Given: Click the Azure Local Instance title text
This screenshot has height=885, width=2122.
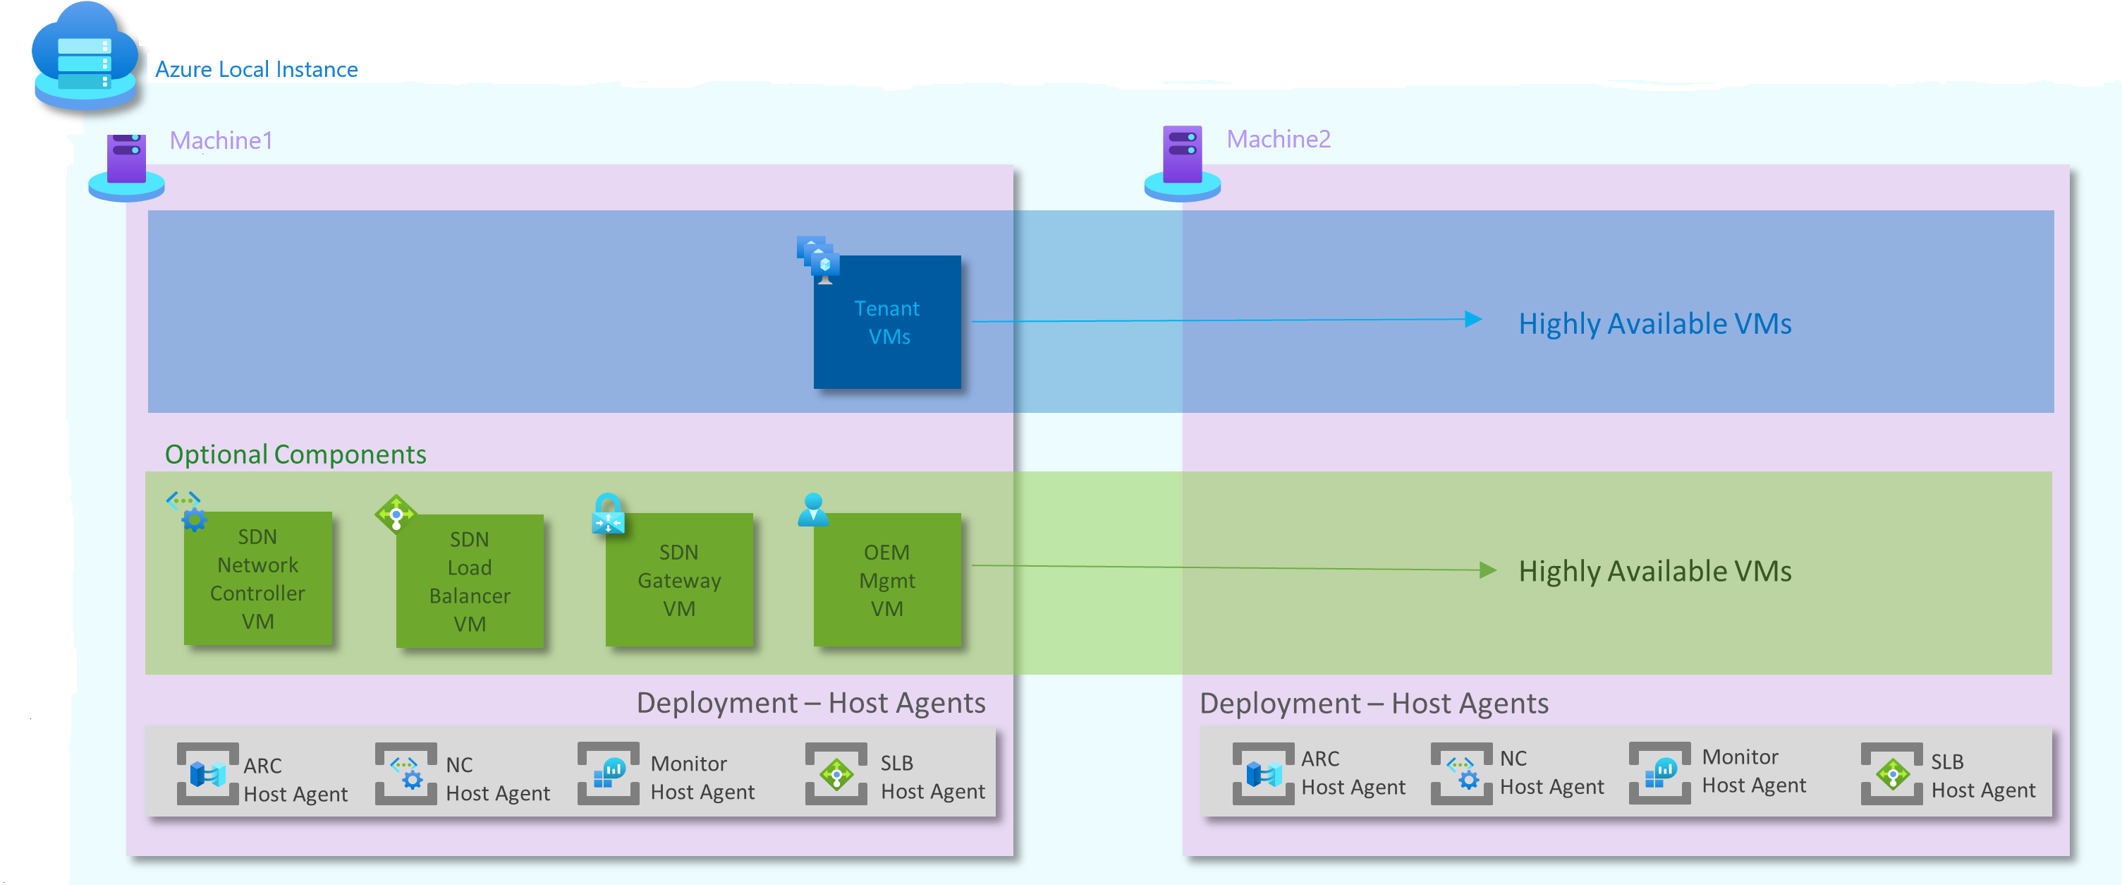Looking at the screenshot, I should (256, 69).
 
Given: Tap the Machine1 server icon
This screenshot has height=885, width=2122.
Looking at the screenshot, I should (126, 166).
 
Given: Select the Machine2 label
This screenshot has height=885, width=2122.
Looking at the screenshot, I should (1278, 139).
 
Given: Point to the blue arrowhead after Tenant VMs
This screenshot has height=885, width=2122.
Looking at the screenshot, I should (1473, 320).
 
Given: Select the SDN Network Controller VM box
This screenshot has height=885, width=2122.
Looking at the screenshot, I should (258, 579).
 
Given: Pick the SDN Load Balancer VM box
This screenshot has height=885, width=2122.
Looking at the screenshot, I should (470, 581).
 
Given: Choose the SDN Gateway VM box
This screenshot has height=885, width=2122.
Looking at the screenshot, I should (679, 580).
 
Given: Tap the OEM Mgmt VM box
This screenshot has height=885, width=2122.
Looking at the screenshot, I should (886, 580).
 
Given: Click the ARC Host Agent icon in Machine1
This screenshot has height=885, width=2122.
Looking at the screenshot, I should (207, 773).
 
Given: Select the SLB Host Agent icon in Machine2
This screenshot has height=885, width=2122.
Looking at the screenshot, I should (1891, 773).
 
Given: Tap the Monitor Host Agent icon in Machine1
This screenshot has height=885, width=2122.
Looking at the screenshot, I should (609, 773).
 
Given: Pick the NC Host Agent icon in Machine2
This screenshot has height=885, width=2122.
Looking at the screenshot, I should (1461, 773).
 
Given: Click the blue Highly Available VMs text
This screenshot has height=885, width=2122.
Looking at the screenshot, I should (1654, 324).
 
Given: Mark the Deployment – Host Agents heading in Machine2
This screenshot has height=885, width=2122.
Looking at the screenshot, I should (1373, 704).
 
